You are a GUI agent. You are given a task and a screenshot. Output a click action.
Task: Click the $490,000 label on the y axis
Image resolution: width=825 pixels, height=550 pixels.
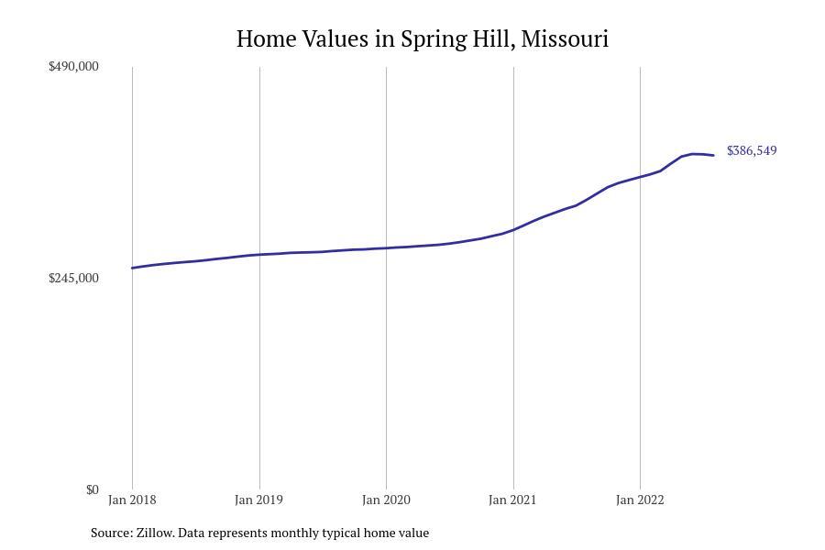(73, 67)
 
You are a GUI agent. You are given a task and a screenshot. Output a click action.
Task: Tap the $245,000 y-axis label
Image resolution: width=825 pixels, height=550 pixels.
(73, 279)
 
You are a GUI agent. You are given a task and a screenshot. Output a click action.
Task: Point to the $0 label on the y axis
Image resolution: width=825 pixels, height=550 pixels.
(92, 489)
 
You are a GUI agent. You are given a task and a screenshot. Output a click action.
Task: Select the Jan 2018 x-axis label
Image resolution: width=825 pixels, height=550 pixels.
(132, 500)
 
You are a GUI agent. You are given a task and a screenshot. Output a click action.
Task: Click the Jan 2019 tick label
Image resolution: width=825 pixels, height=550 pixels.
(258, 500)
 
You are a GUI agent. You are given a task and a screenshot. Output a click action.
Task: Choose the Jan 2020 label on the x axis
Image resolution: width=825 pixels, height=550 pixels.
(386, 500)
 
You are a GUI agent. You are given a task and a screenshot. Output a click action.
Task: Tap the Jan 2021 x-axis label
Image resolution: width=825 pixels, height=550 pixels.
(512, 500)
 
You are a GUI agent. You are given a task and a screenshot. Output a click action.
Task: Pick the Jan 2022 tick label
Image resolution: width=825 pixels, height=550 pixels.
(640, 500)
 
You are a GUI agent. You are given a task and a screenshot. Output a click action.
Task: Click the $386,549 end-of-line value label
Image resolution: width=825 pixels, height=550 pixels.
(752, 151)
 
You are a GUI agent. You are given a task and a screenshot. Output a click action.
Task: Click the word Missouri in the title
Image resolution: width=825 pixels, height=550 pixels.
(564, 39)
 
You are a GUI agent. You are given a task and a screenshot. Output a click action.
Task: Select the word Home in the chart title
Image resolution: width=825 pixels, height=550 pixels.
(266, 39)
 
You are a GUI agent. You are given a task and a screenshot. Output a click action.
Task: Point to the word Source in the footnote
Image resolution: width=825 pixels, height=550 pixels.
(111, 533)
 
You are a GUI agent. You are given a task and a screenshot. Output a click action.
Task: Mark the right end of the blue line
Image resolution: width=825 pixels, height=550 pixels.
(713, 155)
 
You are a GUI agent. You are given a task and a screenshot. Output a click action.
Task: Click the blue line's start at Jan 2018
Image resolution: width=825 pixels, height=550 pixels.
(133, 268)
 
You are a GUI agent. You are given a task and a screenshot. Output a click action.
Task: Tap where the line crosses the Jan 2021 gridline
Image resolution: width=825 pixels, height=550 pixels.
(513, 229)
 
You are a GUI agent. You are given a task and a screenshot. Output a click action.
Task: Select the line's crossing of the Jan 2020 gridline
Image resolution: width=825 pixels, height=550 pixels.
(386, 247)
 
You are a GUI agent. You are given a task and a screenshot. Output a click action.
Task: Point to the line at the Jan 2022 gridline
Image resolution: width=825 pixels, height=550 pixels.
(640, 176)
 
